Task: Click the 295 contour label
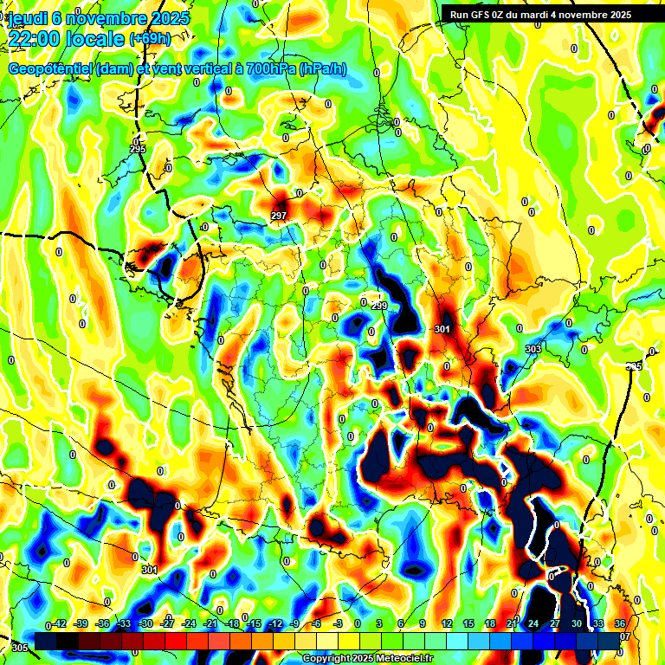[x=138, y=150]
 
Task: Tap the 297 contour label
[x=279, y=216]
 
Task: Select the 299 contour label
[x=379, y=307]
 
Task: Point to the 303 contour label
[x=533, y=349]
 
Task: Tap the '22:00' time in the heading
[x=34, y=39]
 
